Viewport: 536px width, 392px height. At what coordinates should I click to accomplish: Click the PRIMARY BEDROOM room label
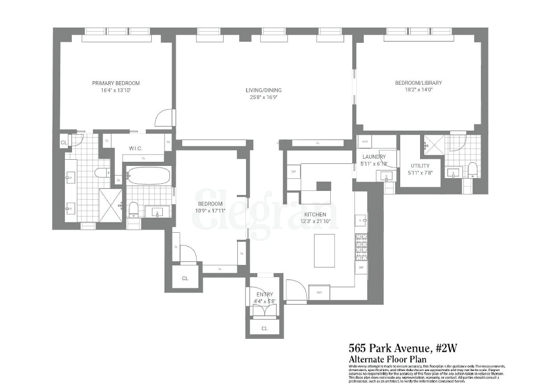[115, 83]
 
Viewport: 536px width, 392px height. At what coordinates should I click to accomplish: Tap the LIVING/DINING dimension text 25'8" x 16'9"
[263, 97]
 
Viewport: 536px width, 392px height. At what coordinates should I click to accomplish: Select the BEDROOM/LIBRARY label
[418, 83]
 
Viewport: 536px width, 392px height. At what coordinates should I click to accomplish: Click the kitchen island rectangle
[324, 250]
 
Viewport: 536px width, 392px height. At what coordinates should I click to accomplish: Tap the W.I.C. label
[135, 149]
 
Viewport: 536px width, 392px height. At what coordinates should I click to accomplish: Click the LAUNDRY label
[374, 157]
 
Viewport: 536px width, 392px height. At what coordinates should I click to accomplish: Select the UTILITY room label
[420, 165]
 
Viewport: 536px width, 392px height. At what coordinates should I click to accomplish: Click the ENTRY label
[264, 294]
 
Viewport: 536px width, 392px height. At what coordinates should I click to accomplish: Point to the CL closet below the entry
[264, 328]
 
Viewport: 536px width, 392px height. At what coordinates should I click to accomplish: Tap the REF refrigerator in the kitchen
[320, 292]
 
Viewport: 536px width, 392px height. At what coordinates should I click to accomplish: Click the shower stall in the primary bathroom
[110, 206]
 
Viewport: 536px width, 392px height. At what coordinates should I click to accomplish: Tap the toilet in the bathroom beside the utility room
[473, 169]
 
